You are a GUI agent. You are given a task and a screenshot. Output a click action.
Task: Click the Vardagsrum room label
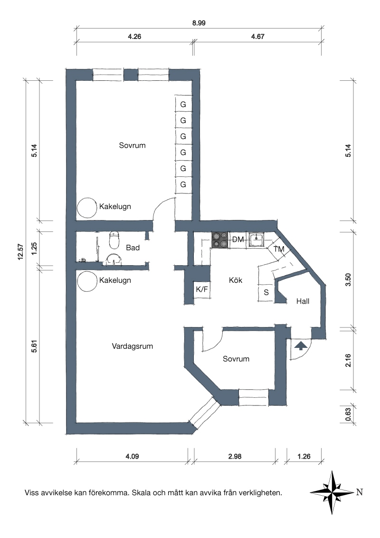coord(132,346)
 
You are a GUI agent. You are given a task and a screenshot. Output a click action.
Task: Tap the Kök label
coord(236,280)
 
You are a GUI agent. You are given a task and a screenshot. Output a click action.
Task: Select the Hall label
coord(303,301)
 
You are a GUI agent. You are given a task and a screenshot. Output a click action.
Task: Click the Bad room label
coord(133,248)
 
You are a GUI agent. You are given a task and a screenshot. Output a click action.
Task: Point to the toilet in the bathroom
coord(114,240)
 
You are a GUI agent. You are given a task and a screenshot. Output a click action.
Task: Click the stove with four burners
coord(220,240)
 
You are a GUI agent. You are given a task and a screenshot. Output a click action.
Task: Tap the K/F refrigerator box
coord(202,289)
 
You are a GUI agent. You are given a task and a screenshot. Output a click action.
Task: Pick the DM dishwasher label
coord(238,239)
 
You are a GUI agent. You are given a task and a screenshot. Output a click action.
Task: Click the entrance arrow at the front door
coord(301,346)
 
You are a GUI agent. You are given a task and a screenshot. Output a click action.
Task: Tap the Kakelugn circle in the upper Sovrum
coord(87,208)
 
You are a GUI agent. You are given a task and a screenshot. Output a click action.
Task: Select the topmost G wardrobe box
coord(183,104)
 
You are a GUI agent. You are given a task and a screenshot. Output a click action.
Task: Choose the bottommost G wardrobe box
coord(183,184)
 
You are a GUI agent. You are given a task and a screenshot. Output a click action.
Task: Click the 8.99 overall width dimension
coord(199,23)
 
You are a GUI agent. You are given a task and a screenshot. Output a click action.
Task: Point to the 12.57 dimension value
coord(20,251)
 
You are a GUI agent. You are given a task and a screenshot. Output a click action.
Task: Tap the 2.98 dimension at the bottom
coord(235,456)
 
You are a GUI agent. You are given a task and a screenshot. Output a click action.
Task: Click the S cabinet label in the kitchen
coord(266,293)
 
